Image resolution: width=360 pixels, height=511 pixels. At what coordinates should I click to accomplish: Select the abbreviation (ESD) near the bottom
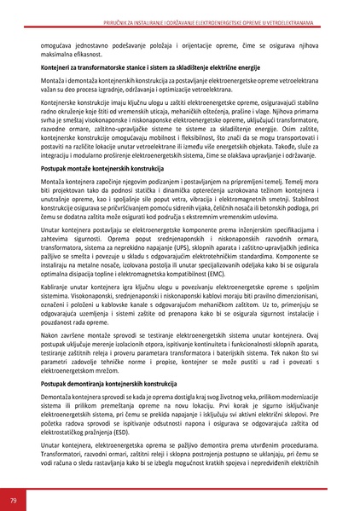coord(159,450)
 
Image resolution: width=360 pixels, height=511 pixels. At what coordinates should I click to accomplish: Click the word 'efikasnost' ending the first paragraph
coord(81,50)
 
